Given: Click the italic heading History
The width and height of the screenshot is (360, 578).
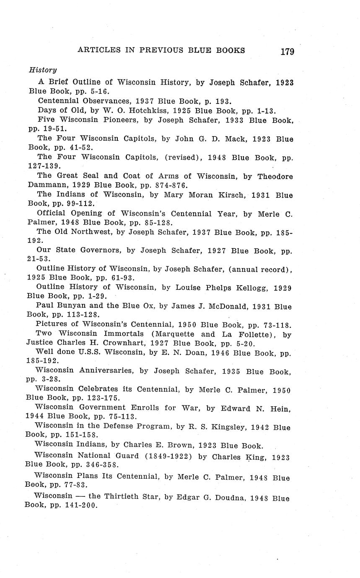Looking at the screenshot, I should (42, 70).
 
